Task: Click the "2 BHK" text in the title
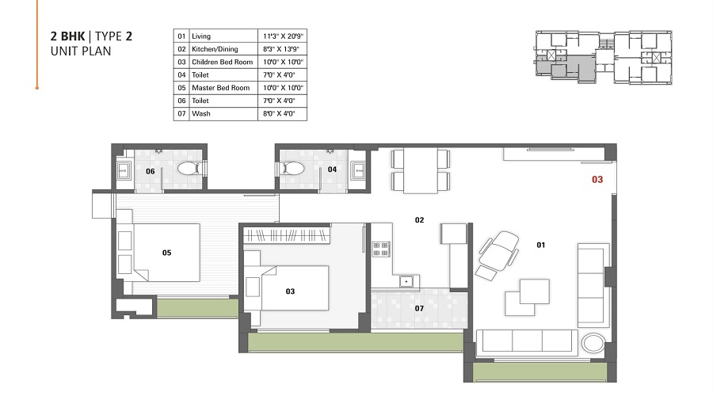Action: (x=67, y=36)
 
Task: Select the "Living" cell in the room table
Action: (x=201, y=36)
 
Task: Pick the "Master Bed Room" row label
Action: (x=220, y=88)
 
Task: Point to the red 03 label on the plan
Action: (x=597, y=180)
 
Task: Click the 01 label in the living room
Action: (x=541, y=246)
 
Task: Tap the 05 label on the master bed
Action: (x=166, y=253)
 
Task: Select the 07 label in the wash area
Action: (x=419, y=308)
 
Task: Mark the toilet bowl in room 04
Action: (x=291, y=169)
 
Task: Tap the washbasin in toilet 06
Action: (x=124, y=169)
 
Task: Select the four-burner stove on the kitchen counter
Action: (x=381, y=249)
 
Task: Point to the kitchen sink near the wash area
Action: (x=406, y=280)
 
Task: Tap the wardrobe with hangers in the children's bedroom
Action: (x=287, y=235)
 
